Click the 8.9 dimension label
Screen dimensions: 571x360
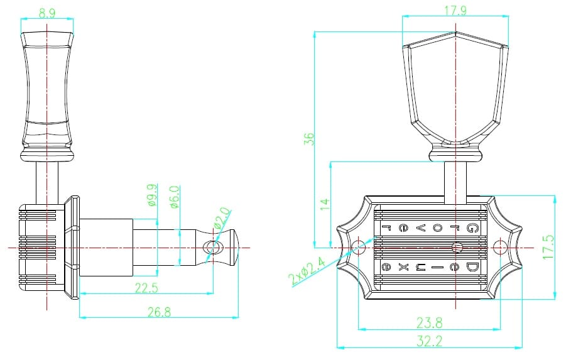click(x=47, y=13)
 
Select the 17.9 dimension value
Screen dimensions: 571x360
click(x=455, y=11)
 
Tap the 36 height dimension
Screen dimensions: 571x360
click(x=309, y=139)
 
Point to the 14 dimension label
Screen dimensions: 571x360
click(x=325, y=204)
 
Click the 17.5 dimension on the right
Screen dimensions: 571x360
click(x=548, y=247)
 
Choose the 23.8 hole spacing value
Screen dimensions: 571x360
click(x=429, y=322)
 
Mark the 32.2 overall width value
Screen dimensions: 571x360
click(x=429, y=341)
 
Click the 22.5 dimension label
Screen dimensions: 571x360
click(x=146, y=288)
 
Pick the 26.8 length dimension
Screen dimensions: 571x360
click(x=159, y=312)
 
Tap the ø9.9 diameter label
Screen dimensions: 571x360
click(x=153, y=195)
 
